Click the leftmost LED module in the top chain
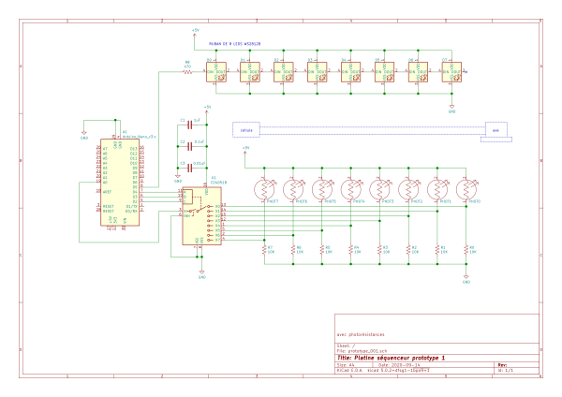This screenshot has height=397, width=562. pos(216,71)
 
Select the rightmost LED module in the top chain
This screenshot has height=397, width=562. pos(451,71)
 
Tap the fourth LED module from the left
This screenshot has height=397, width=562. pos(318,71)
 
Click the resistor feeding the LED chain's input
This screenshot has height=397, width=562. pos(188,71)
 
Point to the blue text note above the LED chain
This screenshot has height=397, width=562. pos(234,44)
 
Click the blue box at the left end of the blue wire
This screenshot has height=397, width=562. pos(245,129)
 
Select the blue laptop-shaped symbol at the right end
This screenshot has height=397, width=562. pos(496,131)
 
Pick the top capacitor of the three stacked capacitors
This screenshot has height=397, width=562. pos(189,124)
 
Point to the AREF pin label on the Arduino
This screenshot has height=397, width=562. pos(107,191)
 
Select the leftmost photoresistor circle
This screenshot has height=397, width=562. pos(265,190)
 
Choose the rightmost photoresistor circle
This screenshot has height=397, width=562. pos(466,190)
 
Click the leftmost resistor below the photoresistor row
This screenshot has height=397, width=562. pos(264,249)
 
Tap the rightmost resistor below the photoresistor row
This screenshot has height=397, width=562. pos(466,249)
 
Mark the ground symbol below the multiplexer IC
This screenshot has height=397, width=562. pos(201,274)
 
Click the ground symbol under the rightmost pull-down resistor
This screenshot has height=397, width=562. pos(466,278)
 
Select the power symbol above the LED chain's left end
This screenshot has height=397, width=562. pos(196,32)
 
